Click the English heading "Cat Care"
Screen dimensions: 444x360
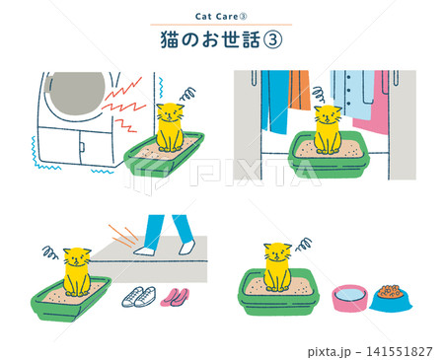click(x=216, y=17)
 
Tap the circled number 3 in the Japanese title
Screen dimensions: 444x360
click(x=273, y=40)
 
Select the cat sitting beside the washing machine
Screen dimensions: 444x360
click(x=170, y=127)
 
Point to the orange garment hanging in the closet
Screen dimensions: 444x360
click(x=299, y=89)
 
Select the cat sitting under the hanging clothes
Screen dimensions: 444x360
click(x=328, y=129)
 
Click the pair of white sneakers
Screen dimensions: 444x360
click(x=139, y=297)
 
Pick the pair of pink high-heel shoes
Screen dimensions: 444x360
click(x=176, y=297)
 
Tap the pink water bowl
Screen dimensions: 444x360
click(x=349, y=298)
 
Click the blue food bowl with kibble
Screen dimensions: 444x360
click(x=391, y=299)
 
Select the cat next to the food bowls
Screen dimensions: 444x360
click(x=277, y=267)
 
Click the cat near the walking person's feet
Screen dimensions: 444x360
click(x=77, y=272)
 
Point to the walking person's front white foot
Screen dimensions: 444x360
click(x=144, y=251)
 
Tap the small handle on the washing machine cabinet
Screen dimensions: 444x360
click(x=82, y=147)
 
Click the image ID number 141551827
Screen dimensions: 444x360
click(x=399, y=351)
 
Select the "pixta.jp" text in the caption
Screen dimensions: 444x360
click(x=330, y=352)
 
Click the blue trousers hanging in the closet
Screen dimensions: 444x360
click(x=275, y=102)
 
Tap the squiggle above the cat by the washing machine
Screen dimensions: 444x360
click(x=187, y=94)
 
